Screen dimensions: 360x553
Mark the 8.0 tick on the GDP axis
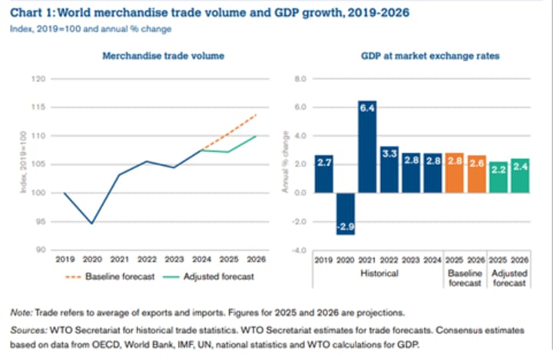[300, 78]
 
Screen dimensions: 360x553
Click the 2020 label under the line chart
[91, 262]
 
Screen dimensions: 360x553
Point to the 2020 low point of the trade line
[91, 223]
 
